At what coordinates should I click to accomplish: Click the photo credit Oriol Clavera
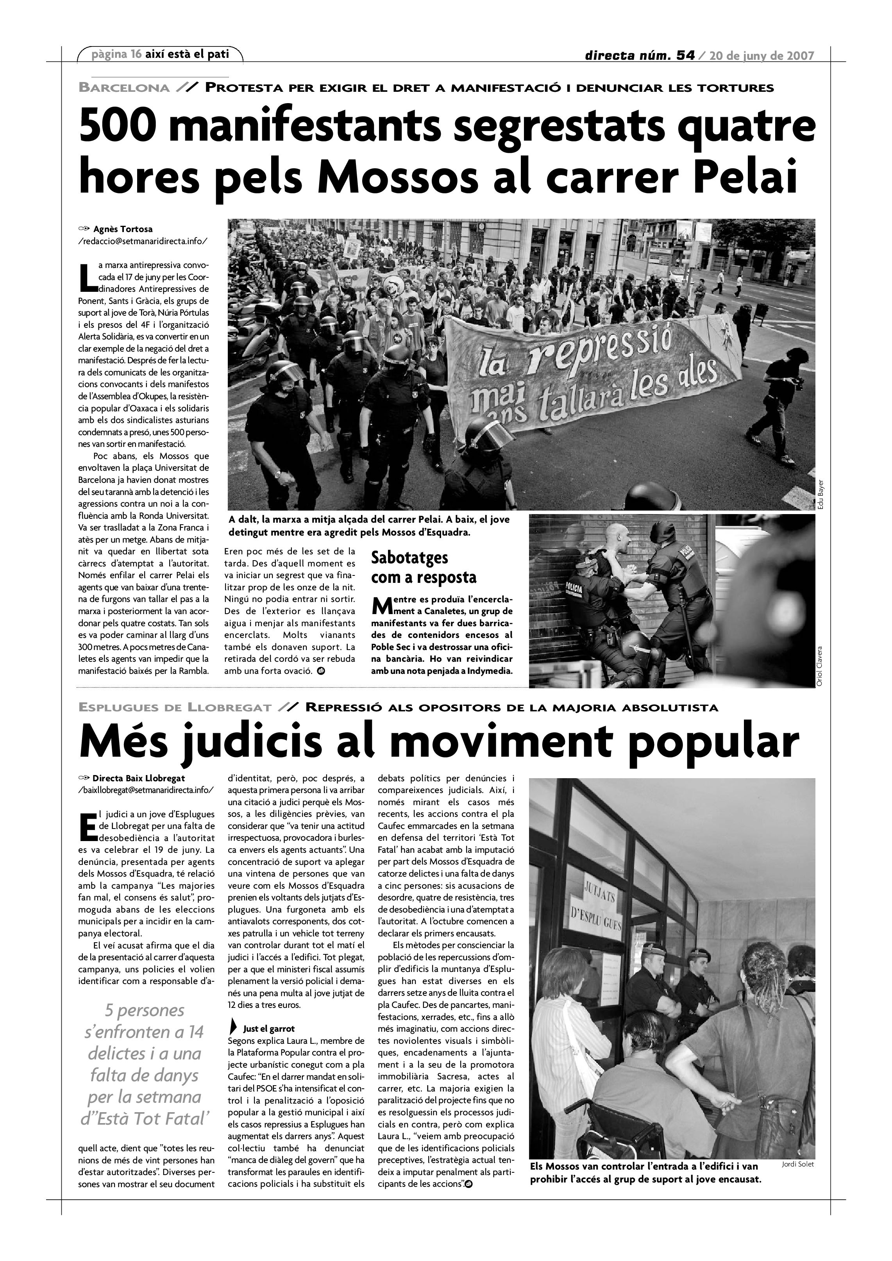(821, 666)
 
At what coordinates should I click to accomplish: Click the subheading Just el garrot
(268, 1029)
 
